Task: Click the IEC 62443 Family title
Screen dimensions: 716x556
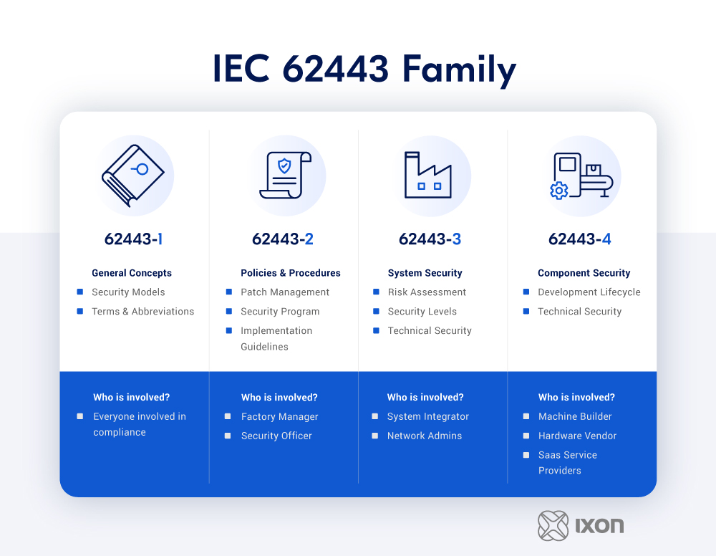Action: point(364,69)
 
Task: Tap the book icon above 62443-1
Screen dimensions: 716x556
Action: point(133,176)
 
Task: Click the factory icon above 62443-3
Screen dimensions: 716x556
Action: point(428,175)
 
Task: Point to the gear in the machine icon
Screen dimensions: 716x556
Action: point(559,191)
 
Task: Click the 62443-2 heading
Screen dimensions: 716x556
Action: point(283,239)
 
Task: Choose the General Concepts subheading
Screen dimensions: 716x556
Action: point(132,273)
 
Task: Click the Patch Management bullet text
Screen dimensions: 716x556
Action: point(285,292)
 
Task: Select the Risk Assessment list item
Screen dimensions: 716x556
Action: point(427,292)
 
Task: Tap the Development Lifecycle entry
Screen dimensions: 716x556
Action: point(589,292)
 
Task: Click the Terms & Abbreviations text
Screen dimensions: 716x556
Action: point(143,312)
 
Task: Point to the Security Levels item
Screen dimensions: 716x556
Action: point(422,312)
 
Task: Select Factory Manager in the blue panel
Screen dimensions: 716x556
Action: point(279,417)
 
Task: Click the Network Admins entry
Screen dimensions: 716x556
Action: point(425,436)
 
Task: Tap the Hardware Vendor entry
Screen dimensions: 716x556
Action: point(577,436)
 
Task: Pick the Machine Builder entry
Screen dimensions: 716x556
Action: point(575,416)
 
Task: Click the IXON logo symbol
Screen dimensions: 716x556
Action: point(553,526)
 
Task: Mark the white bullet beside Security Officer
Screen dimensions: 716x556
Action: point(228,436)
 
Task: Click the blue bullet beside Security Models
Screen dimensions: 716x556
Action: point(80,292)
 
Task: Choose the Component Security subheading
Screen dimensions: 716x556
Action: point(584,273)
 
